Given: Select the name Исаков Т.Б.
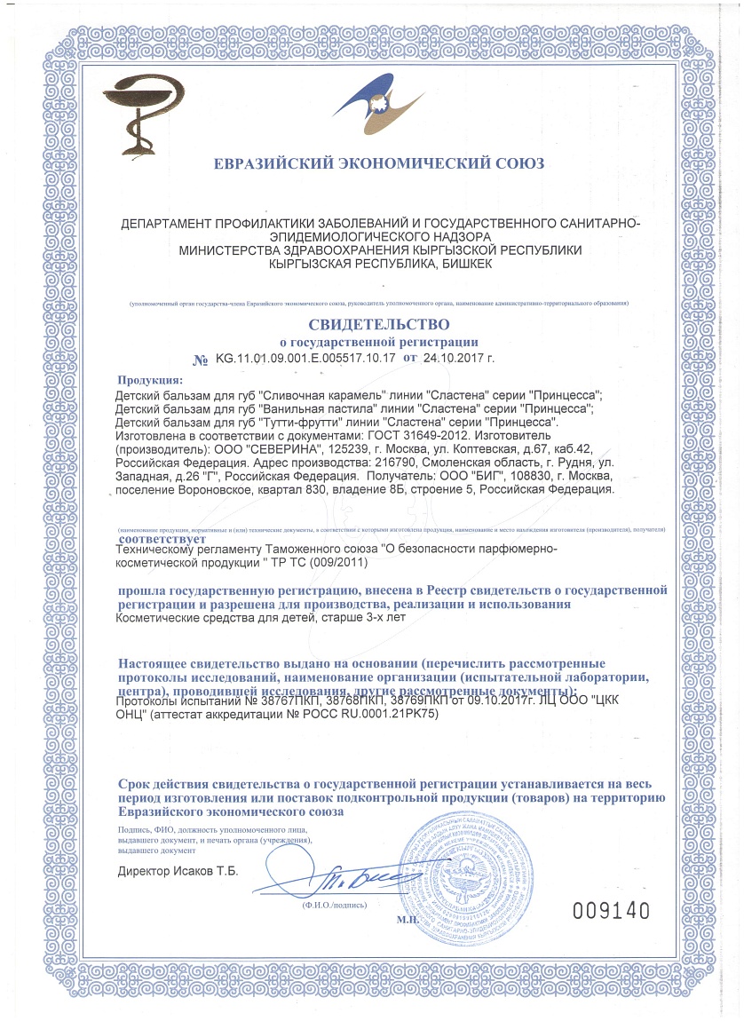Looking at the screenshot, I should pos(209,871).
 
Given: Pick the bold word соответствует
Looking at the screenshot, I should pos(162,538).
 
